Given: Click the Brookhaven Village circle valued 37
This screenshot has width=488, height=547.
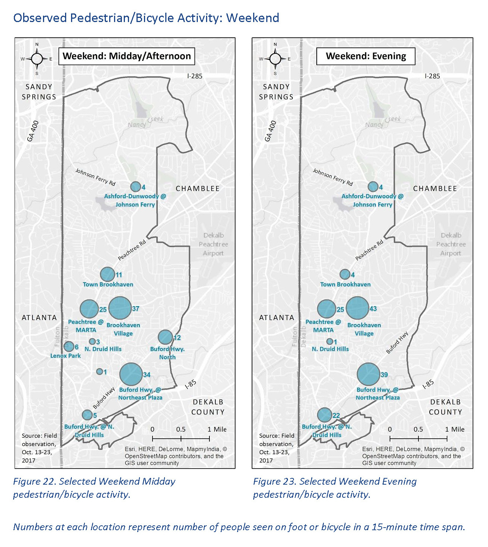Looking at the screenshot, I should (x=120, y=308).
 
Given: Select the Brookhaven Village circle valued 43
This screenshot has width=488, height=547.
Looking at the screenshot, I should (x=357, y=308).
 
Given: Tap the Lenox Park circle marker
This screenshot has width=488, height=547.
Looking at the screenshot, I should (x=69, y=346).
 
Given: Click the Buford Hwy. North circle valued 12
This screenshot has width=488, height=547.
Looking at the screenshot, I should (x=165, y=337).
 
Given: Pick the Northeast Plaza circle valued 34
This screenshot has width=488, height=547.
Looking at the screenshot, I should (x=131, y=374).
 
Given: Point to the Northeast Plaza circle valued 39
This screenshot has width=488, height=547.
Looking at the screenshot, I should (x=368, y=374).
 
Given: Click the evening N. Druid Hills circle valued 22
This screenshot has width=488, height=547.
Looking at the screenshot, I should (x=325, y=415).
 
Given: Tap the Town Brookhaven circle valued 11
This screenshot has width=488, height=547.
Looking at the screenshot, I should (x=107, y=274).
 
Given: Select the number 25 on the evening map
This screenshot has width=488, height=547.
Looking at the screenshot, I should (x=340, y=310).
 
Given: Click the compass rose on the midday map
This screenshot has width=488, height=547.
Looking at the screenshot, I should (x=37, y=59).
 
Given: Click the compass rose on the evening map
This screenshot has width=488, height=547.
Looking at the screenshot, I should (x=275, y=59).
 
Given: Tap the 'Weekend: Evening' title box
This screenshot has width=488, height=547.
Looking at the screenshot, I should (x=366, y=56).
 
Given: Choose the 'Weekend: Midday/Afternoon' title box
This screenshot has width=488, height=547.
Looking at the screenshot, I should (x=127, y=56).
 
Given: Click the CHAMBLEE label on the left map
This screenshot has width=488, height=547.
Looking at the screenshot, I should (x=197, y=189).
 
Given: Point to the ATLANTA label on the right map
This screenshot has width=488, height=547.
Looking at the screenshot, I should (x=277, y=318).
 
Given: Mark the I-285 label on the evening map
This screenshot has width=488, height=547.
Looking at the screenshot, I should (x=432, y=76).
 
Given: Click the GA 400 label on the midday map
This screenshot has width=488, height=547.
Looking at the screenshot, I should (x=33, y=131).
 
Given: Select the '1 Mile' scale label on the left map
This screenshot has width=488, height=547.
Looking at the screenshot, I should (x=217, y=429).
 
